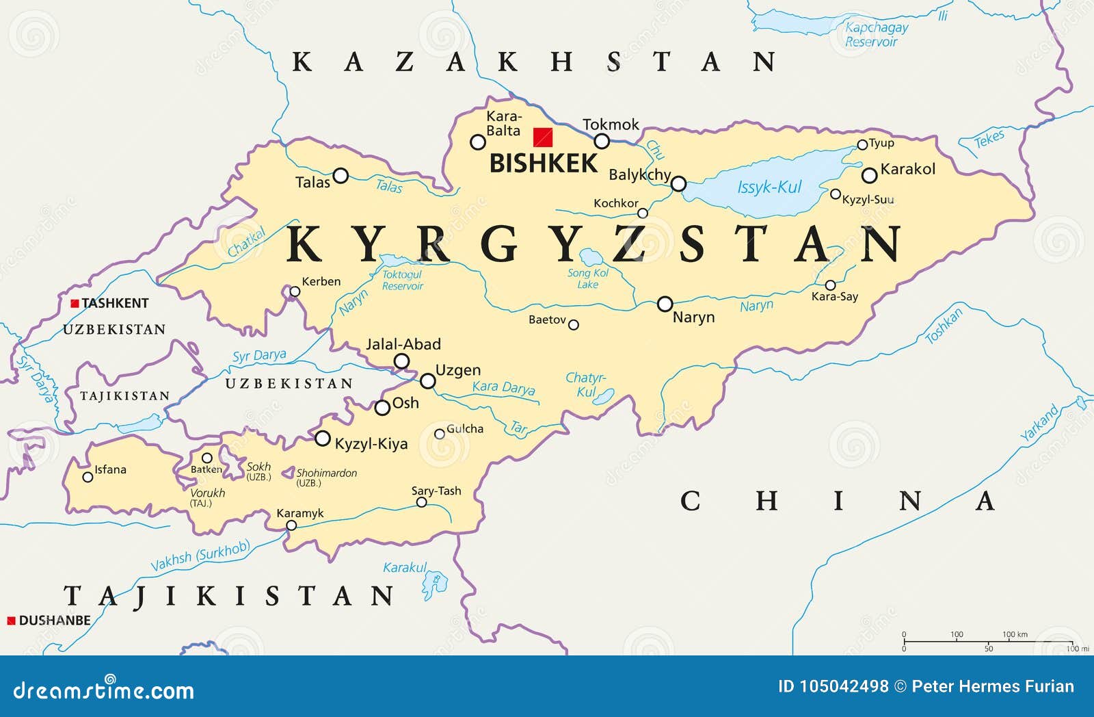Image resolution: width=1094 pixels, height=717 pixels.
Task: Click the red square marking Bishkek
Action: tap(543, 138)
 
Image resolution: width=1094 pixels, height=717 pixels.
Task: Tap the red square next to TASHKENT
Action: tap(75, 303)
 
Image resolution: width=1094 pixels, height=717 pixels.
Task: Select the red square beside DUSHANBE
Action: tap(11, 621)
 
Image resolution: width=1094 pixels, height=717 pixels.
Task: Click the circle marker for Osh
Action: tap(382, 408)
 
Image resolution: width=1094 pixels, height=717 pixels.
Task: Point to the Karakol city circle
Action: tap(869, 175)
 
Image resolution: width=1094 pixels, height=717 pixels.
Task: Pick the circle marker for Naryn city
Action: tap(665, 304)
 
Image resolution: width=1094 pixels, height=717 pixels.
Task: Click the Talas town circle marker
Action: tap(341, 175)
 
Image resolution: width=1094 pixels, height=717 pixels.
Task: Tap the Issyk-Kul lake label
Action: tap(769, 187)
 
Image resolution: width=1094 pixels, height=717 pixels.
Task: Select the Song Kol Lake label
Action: tap(588, 278)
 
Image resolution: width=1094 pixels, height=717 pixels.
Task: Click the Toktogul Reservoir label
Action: tap(402, 280)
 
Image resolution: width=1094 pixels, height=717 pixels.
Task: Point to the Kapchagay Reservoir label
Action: tap(875, 34)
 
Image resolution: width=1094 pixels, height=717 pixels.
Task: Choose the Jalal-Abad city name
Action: tap(403, 344)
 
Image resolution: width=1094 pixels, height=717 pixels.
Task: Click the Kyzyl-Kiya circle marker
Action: tap(322, 439)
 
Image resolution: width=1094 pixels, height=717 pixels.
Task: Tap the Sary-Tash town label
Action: tap(436, 491)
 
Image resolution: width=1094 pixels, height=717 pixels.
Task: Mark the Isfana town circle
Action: tap(88, 477)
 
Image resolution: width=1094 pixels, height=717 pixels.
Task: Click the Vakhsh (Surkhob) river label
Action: tap(200, 556)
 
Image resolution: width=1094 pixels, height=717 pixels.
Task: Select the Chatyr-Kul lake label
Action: tap(586, 384)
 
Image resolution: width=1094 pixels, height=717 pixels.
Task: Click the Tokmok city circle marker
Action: tap(602, 142)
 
